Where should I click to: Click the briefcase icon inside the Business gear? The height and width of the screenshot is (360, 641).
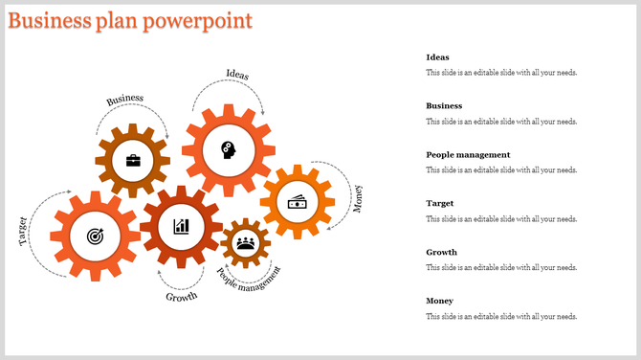click(x=133, y=160)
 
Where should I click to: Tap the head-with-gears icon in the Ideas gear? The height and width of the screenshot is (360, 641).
click(x=229, y=149)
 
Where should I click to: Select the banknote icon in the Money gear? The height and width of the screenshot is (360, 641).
click(x=298, y=202)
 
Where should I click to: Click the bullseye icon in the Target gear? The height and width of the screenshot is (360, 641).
click(x=95, y=236)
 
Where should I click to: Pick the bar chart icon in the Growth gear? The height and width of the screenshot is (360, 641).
click(x=180, y=226)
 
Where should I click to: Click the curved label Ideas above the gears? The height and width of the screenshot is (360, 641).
click(x=238, y=74)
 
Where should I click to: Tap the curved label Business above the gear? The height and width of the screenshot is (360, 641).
click(x=125, y=99)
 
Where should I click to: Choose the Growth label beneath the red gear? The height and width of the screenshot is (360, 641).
click(x=182, y=297)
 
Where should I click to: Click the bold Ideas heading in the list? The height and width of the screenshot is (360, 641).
click(x=437, y=57)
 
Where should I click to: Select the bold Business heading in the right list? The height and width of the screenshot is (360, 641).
click(x=444, y=106)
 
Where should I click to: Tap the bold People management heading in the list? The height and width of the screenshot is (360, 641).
click(x=468, y=155)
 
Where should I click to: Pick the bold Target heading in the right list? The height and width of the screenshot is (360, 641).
click(x=440, y=204)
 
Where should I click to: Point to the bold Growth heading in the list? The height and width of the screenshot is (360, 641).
click(x=441, y=253)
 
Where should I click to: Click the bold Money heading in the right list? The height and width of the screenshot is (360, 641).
click(x=439, y=302)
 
